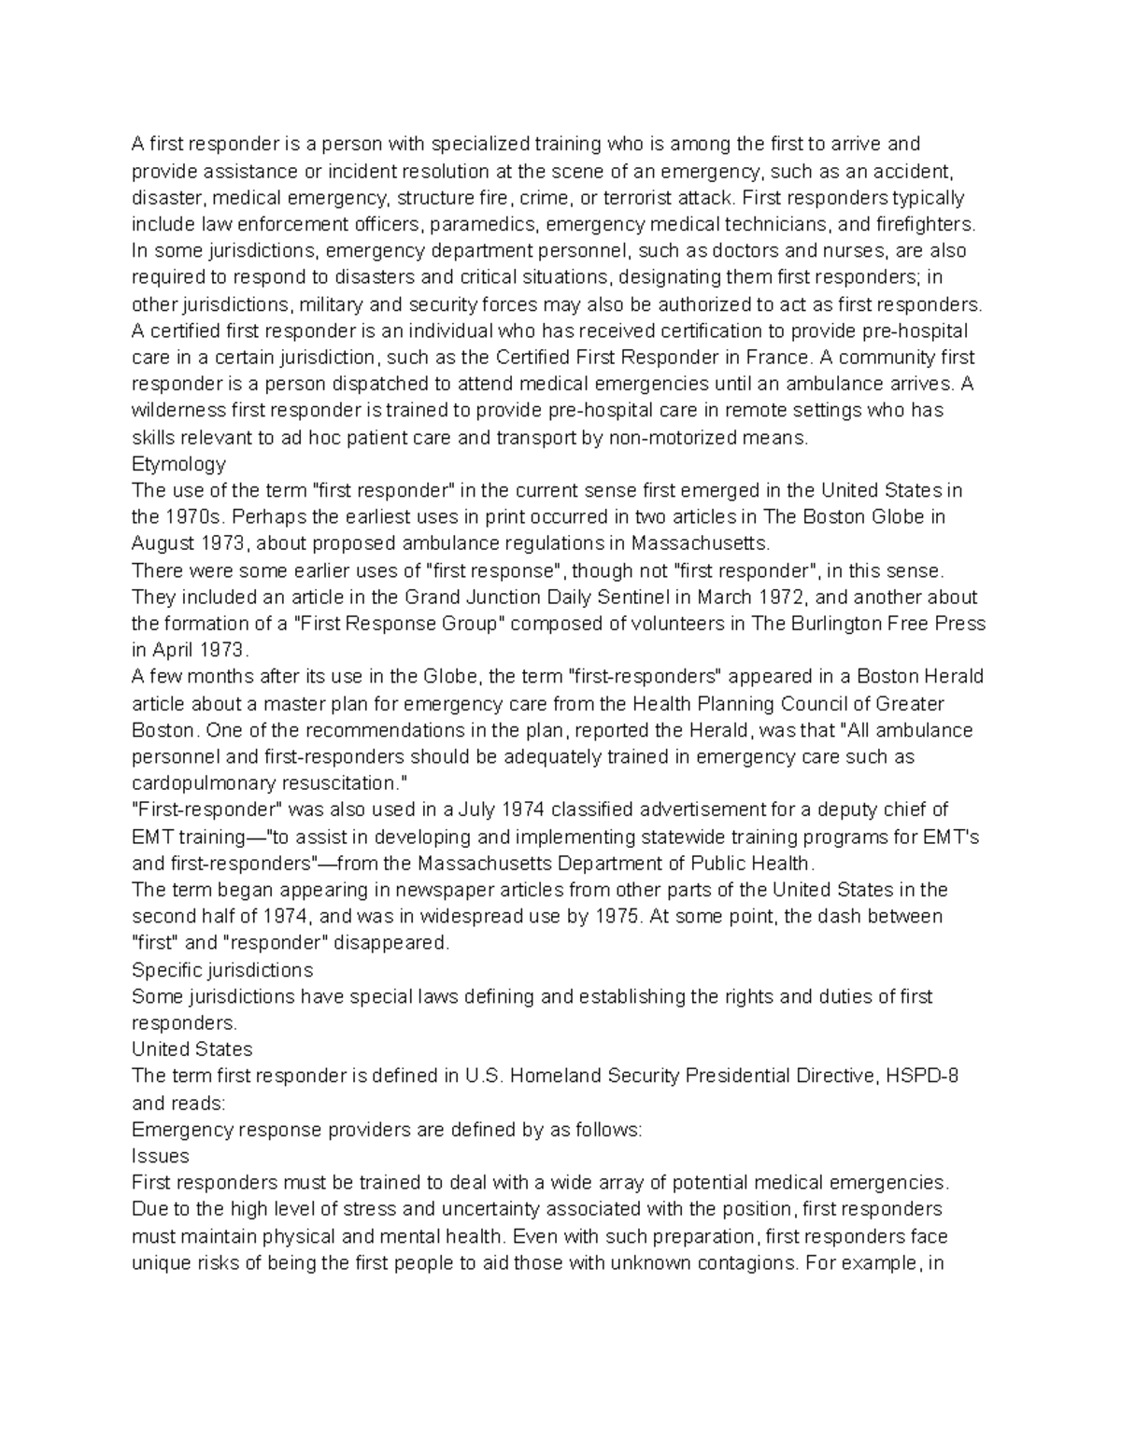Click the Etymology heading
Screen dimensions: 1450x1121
pyautogui.click(x=178, y=464)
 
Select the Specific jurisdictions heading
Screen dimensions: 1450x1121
pyautogui.click(x=222, y=969)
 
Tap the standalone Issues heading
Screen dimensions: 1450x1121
pyautogui.click(x=161, y=1156)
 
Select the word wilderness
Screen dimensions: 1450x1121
pyautogui.click(x=177, y=411)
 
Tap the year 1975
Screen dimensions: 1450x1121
pyautogui.click(x=617, y=916)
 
